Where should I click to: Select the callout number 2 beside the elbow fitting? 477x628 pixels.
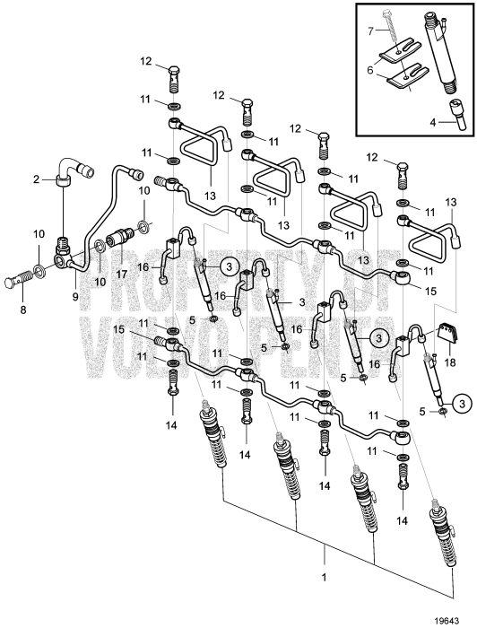pyautogui.click(x=37, y=179)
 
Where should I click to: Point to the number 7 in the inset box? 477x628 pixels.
pyautogui.click(x=371, y=30)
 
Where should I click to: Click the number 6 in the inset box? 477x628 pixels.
pyautogui.click(x=369, y=71)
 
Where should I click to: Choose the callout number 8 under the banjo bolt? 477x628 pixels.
pyautogui.click(x=23, y=310)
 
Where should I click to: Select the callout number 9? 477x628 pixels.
pyautogui.click(x=75, y=297)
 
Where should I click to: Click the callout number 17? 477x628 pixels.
pyautogui.click(x=121, y=275)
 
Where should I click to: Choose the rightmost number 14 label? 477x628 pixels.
pyautogui.click(x=403, y=520)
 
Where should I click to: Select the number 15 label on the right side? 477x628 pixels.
pyautogui.click(x=429, y=291)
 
